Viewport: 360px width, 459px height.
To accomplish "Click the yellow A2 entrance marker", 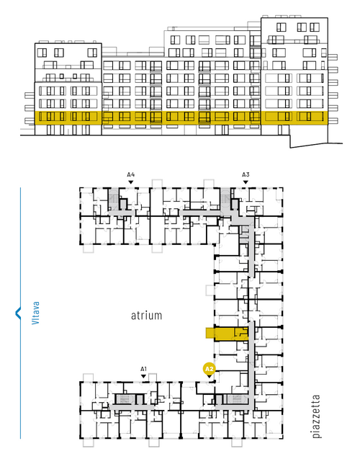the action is (x=209, y=369).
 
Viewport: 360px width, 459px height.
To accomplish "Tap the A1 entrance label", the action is (x=143, y=369).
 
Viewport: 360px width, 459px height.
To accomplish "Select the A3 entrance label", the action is (x=246, y=175).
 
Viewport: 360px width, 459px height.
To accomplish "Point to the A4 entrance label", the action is (x=131, y=175).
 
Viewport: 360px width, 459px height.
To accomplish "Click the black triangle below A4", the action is (x=131, y=182).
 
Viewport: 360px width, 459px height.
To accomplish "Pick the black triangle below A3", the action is (x=246, y=182).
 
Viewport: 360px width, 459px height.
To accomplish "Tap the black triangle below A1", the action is (x=143, y=376).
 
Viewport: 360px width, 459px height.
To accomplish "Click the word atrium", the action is (x=146, y=316).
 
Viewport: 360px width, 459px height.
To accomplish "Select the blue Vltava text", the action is (x=35, y=313).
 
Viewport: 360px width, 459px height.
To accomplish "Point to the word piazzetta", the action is (x=316, y=416).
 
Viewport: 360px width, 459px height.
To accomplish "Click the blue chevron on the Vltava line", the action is (x=18, y=313).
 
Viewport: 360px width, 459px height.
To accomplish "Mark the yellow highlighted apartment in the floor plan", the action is (x=231, y=334).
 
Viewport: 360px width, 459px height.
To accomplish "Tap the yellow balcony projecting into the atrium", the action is (x=210, y=333).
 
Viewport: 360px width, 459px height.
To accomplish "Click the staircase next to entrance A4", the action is (x=113, y=199).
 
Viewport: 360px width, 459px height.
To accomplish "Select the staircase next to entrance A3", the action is (x=225, y=199).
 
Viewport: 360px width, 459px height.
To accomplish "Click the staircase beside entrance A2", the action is (x=237, y=398).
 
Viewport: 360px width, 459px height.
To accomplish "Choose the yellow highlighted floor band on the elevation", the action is (x=181, y=118).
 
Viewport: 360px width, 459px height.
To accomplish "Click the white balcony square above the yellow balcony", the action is (x=210, y=290).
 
